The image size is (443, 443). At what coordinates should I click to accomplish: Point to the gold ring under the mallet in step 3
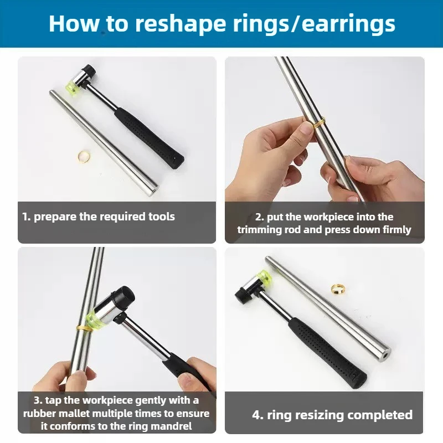pyautogui.click(x=84, y=328)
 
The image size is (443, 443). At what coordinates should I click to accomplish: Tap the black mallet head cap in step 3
pyautogui.click(x=123, y=297)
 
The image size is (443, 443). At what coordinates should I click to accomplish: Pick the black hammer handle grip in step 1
pyautogui.click(x=149, y=138)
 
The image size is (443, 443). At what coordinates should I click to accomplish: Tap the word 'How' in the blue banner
pyautogui.click(x=74, y=24)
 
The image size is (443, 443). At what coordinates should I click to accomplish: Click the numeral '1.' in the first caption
pyautogui.click(x=27, y=217)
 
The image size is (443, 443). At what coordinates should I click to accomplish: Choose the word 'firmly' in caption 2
pyautogui.click(x=397, y=230)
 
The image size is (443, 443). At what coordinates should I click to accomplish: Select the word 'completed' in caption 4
pyautogui.click(x=380, y=415)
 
